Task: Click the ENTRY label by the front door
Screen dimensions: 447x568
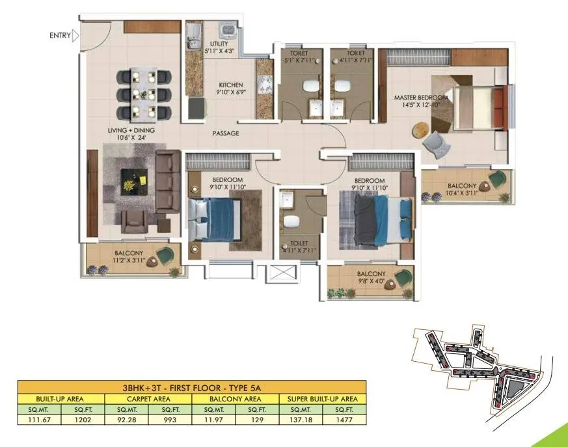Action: (x=61, y=36)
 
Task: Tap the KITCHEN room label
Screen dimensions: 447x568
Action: (x=230, y=85)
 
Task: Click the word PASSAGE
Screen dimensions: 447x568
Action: (x=226, y=133)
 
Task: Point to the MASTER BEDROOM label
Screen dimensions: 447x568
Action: (x=421, y=98)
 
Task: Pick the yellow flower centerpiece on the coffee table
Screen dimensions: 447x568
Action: (x=129, y=185)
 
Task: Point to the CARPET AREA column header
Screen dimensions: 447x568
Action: (x=148, y=398)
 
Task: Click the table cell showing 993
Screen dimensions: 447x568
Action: (x=170, y=420)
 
